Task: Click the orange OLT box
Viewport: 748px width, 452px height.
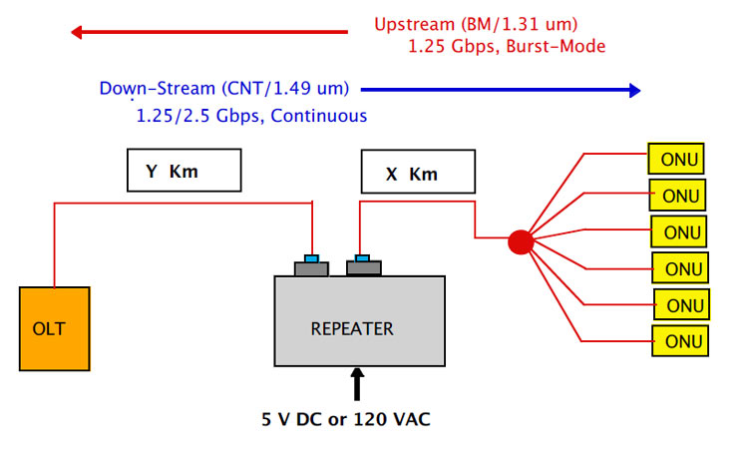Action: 55,328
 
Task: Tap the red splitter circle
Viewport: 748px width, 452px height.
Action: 521,241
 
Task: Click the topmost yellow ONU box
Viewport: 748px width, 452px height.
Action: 676,159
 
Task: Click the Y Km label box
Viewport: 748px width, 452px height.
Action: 185,171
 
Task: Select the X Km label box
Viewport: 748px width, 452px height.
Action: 413,174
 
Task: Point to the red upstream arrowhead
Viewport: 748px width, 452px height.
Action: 77,32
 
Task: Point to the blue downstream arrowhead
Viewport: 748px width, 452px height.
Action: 631,90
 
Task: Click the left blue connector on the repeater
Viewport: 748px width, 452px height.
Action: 312,258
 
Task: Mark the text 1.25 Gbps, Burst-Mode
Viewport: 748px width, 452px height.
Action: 507,46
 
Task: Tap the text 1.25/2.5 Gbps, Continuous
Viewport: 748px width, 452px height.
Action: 251,116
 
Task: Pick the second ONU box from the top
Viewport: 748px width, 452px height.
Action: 677,195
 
